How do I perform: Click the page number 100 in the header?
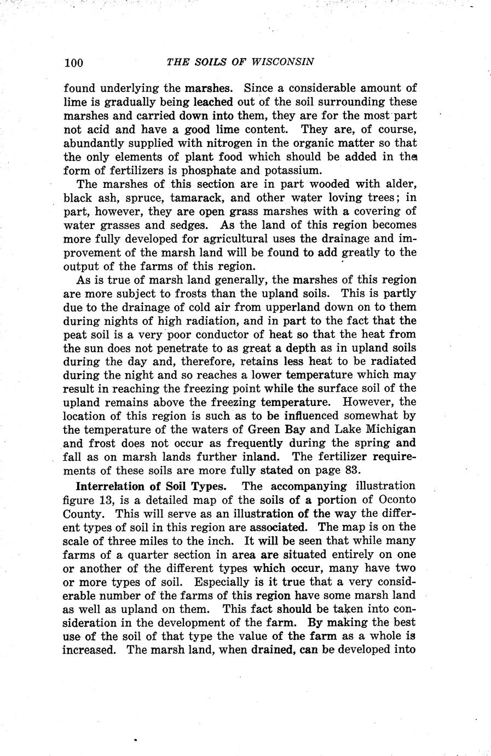[73, 62]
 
